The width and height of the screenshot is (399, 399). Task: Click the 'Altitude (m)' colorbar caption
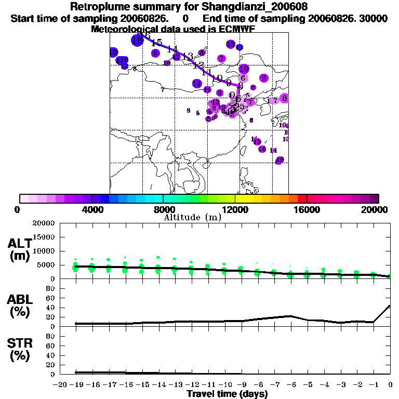pos(192,217)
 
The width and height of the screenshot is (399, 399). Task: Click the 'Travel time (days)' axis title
pos(227,394)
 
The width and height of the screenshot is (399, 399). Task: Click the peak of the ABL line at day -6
pos(291,316)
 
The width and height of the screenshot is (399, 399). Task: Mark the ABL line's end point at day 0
pos(390,305)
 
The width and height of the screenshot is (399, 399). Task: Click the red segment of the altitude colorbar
pos(302,198)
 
